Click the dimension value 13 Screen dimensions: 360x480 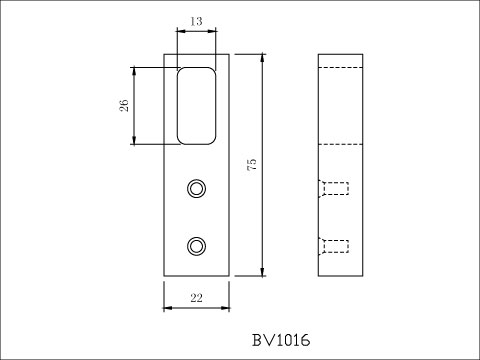[195, 20]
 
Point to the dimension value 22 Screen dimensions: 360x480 [196, 298]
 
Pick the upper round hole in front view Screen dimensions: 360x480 [197, 187]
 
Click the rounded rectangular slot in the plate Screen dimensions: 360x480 [197, 106]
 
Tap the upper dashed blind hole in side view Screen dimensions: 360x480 [335, 188]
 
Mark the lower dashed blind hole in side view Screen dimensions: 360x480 [335, 245]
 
